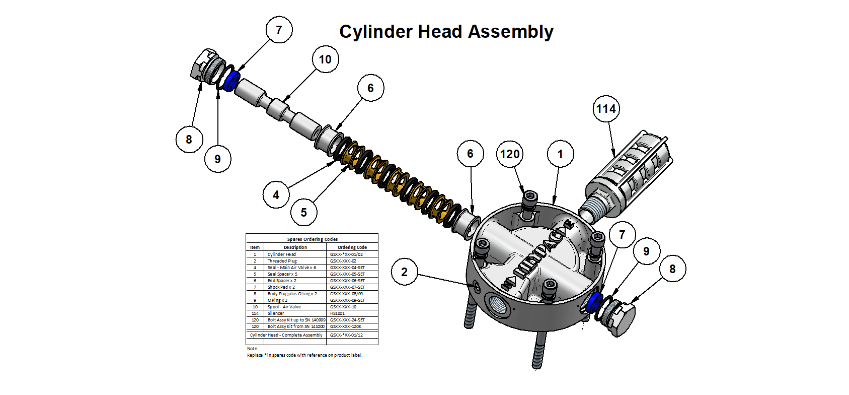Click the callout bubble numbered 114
tap(606, 109)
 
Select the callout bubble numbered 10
tap(325, 59)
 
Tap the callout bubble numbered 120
tap(509, 154)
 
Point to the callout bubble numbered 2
tap(404, 272)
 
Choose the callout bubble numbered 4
tap(276, 195)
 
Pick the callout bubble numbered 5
tap(303, 213)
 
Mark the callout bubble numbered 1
tap(560, 154)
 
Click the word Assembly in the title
tap(510, 32)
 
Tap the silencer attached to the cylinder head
tap(627, 174)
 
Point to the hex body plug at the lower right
tap(622, 317)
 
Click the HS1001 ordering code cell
tap(337, 313)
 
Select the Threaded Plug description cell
tap(282, 261)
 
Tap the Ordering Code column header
tap(352, 247)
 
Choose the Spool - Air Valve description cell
tap(284, 307)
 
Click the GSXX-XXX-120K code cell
tap(345, 326)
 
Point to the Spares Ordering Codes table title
tap(312, 239)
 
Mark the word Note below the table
tap(252, 349)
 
